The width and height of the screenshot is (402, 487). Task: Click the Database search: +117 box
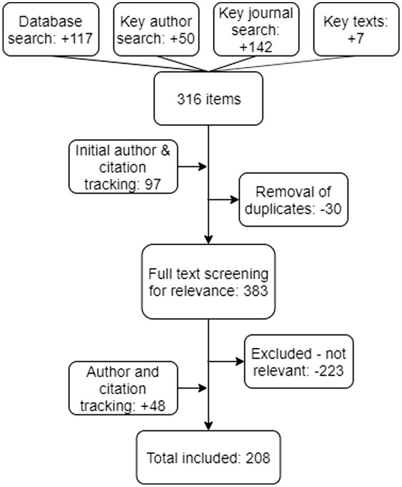click(51, 29)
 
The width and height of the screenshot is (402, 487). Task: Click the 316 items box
click(208, 99)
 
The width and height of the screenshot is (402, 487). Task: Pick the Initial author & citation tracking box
click(123, 167)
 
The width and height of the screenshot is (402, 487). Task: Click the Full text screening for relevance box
click(208, 282)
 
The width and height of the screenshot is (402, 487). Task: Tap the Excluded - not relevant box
click(298, 362)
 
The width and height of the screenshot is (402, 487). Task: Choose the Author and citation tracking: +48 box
click(123, 388)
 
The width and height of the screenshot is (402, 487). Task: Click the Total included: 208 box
click(208, 457)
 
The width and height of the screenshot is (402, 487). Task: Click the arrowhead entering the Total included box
click(208, 426)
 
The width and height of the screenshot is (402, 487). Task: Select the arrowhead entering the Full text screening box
click(208, 239)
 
